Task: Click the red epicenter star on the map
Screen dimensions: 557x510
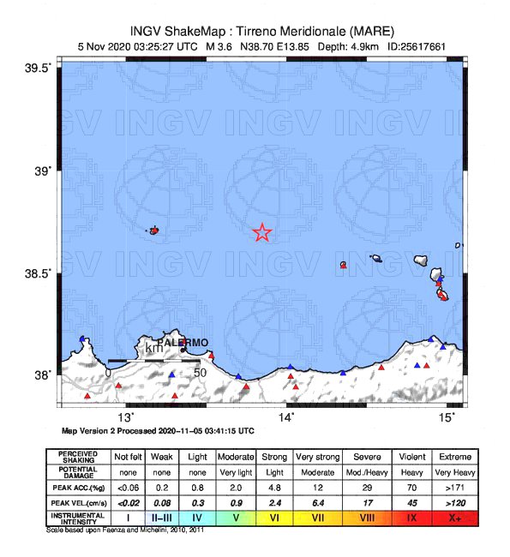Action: coord(262,232)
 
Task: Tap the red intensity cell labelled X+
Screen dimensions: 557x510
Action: coord(454,518)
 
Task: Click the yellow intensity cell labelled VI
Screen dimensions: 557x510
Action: coord(273,518)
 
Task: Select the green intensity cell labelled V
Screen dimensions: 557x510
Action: coord(234,518)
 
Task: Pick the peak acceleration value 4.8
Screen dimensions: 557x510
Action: coord(273,487)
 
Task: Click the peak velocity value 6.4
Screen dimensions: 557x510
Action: coord(317,502)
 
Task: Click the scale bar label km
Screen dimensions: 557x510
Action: coord(153,348)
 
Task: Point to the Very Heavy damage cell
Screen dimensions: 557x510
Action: coord(454,471)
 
